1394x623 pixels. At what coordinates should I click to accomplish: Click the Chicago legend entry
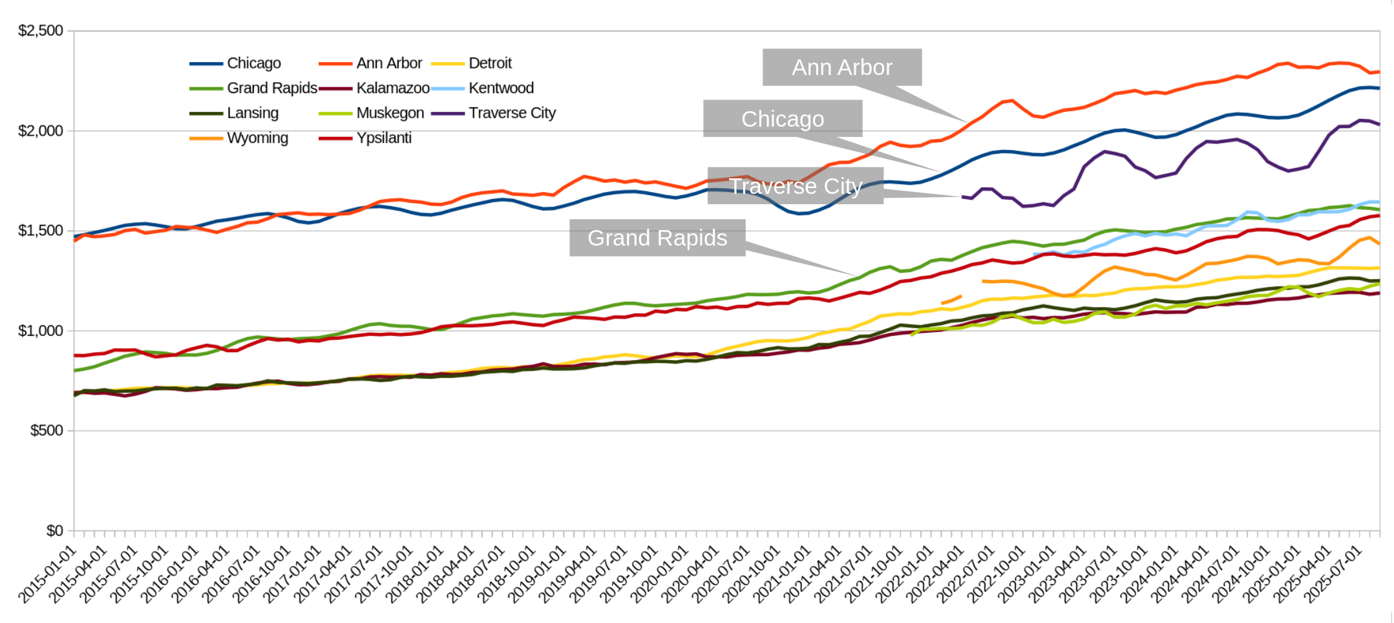coord(253,63)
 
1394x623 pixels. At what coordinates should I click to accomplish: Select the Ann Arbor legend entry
coord(388,63)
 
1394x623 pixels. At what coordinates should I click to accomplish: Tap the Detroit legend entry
coord(490,63)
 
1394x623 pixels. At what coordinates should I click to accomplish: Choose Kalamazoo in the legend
coord(392,88)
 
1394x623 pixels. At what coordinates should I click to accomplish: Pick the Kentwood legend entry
coord(501,88)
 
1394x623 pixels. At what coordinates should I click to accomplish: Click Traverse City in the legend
coord(512,113)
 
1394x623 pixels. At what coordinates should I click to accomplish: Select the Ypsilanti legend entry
coord(383,138)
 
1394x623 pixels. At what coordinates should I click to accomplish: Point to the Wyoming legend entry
coord(257,138)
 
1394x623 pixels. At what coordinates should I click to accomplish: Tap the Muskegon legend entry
coord(390,113)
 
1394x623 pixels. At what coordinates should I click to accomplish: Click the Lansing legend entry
coord(252,113)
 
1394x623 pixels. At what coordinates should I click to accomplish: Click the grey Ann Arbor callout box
coord(841,67)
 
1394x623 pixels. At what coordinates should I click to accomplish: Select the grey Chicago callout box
coord(782,119)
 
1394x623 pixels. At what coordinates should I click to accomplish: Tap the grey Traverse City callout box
coord(795,186)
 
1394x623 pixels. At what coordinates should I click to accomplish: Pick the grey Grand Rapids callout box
coord(657,238)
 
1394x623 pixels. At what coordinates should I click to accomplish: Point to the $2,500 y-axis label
coord(41,31)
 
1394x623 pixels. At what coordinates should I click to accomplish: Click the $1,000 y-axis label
coord(41,331)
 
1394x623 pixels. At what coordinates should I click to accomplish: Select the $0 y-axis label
coord(54,531)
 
